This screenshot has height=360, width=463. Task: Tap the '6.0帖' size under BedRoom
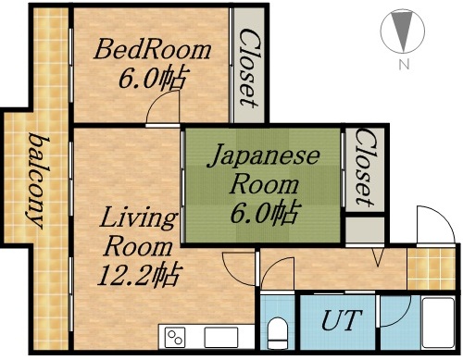(x=152, y=78)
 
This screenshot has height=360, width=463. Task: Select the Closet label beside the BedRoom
(x=247, y=67)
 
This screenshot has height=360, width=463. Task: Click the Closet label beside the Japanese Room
(x=364, y=168)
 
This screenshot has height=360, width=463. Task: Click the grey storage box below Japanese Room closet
(x=364, y=228)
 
